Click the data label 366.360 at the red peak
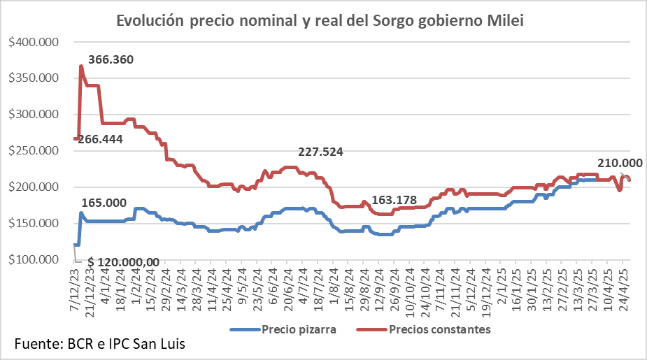click(x=111, y=59)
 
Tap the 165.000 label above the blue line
click(x=104, y=203)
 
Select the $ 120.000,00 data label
click(x=123, y=261)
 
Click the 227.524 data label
click(x=322, y=152)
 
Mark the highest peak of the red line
click(x=81, y=66)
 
